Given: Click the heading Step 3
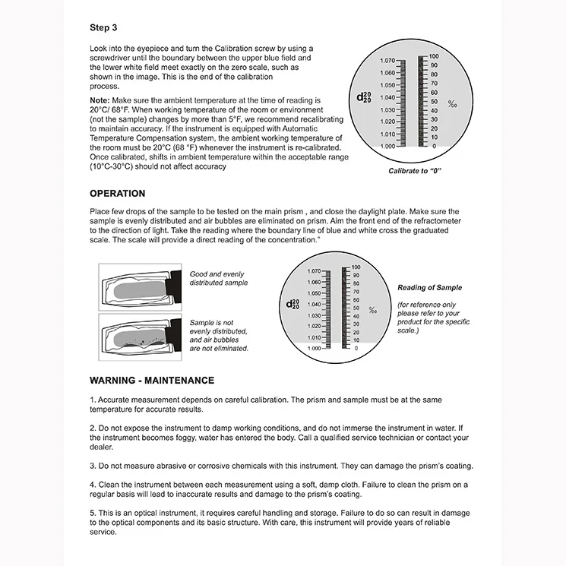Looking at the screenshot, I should (103, 28).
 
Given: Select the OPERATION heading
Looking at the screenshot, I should (118, 194).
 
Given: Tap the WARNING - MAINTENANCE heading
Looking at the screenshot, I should (152, 380).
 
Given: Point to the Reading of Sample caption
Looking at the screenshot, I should (429, 288).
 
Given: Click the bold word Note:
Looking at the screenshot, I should (100, 100).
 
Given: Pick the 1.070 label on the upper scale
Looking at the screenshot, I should (387, 60).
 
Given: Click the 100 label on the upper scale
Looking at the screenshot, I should (433, 56).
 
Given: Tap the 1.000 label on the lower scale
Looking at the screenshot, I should (314, 348).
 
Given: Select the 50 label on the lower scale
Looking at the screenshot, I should (355, 308).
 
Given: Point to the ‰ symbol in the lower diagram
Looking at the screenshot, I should (372, 309).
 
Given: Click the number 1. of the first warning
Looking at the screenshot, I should (92, 400).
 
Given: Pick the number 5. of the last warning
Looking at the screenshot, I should (92, 513).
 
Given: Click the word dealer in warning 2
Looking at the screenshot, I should (101, 447).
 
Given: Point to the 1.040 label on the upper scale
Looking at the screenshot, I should (387, 97).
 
